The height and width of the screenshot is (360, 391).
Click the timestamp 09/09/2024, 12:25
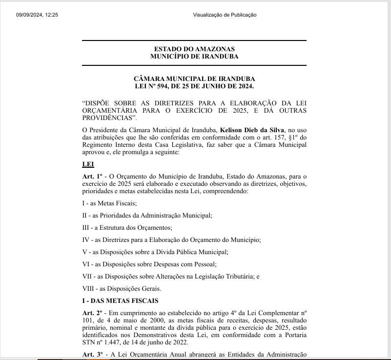click(x=37, y=15)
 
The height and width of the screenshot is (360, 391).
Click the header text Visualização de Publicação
click(x=224, y=15)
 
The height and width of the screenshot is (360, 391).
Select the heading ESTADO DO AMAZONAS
click(x=194, y=49)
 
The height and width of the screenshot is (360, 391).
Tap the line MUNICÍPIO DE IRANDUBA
click(x=194, y=57)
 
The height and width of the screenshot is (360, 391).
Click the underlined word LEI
click(x=88, y=164)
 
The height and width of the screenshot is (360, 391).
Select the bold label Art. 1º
click(x=92, y=176)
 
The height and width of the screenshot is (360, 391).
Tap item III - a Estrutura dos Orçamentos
click(x=127, y=227)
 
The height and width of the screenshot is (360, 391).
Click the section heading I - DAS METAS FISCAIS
click(x=120, y=300)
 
